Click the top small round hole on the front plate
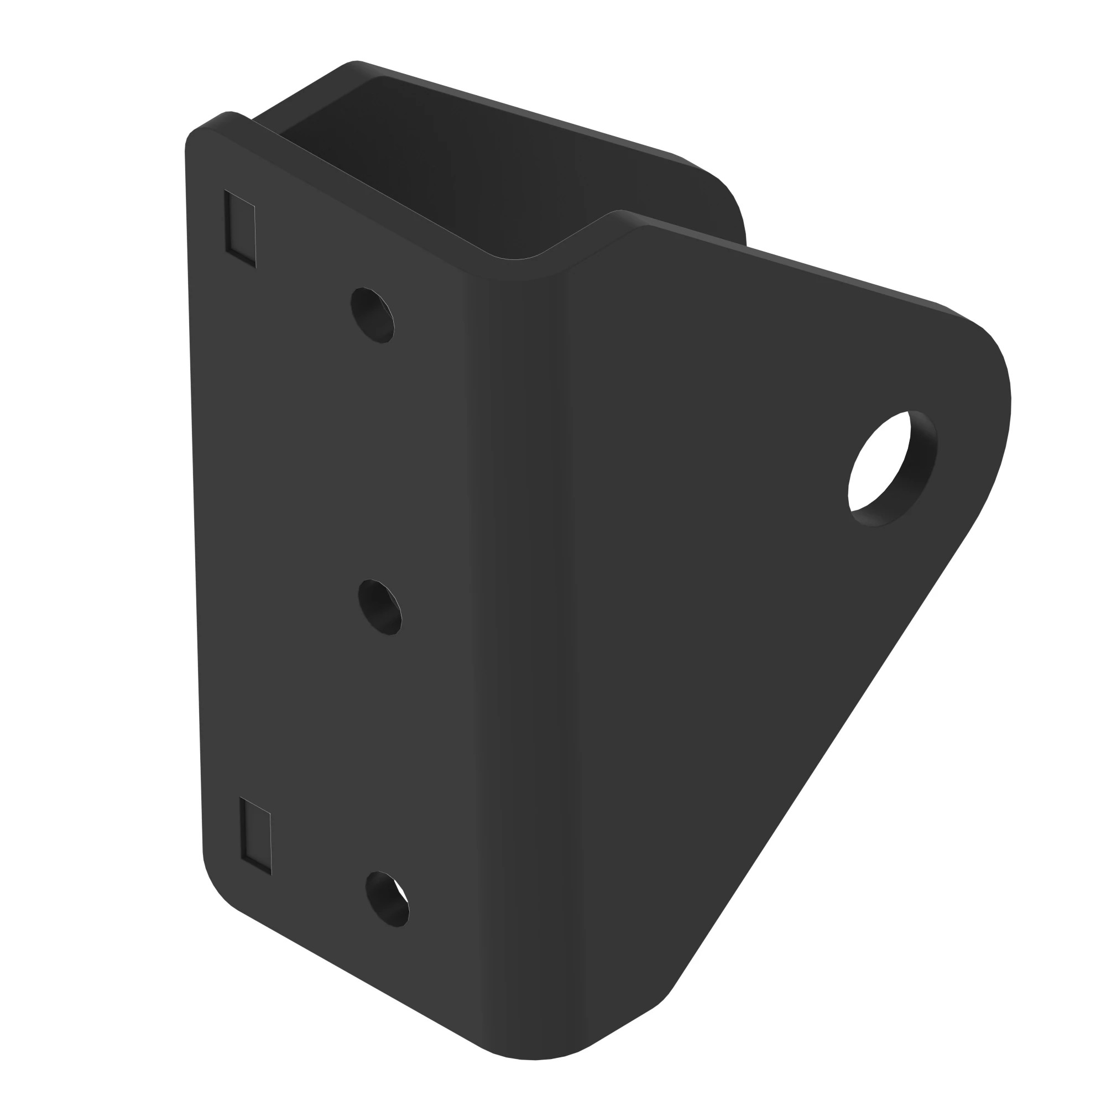pos(372,315)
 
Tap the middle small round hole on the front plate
pos(379,607)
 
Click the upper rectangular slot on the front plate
pos(240,228)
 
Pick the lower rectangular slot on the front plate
pos(255,835)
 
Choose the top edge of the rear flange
pos(515,109)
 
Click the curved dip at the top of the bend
pos(515,269)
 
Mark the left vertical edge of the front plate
pos(195,515)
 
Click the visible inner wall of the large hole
pos(922,464)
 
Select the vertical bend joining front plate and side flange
pos(521,630)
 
